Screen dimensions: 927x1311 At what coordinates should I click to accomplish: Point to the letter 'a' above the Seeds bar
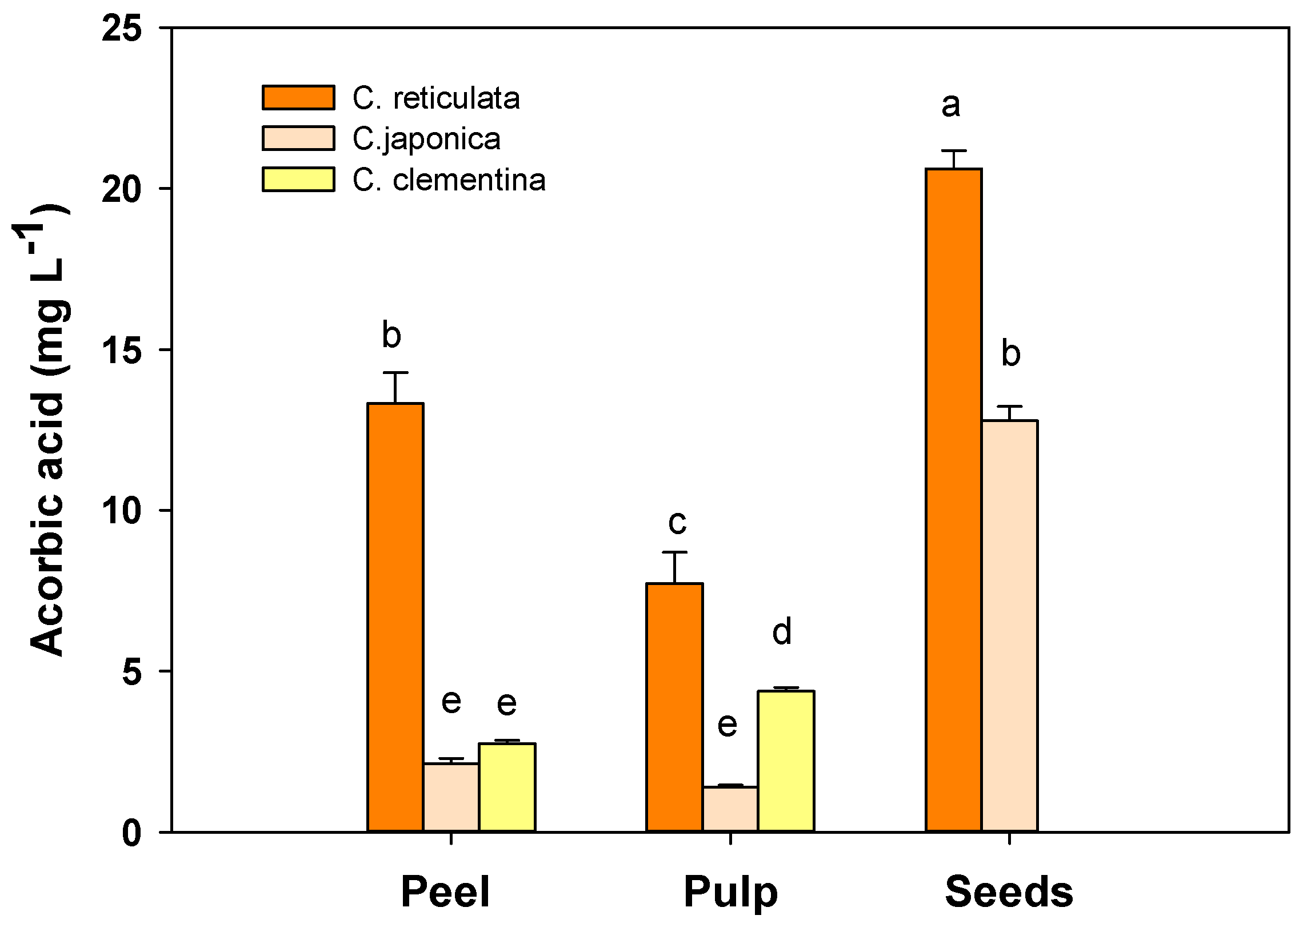coord(950,106)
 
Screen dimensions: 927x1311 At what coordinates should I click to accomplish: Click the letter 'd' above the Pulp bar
coord(782,631)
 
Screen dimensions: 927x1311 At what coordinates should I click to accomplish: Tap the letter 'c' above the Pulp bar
coord(677,522)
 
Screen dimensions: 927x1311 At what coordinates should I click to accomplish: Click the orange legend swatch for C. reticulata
coord(298,98)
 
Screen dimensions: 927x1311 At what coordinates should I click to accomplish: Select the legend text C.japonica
coord(426,140)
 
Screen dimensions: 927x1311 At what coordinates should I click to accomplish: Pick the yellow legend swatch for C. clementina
coord(298,180)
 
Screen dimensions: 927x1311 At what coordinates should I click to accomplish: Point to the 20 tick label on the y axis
coord(121,189)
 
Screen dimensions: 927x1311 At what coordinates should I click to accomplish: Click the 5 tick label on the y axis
coord(131,672)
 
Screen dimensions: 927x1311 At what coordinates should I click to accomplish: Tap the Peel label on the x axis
coord(445,892)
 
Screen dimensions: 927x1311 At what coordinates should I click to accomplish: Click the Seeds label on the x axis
coord(1009,892)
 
